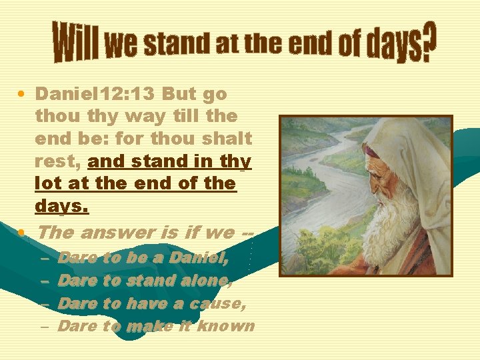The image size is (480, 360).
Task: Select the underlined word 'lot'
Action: point(48,183)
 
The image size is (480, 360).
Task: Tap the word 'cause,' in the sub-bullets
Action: point(218,303)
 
